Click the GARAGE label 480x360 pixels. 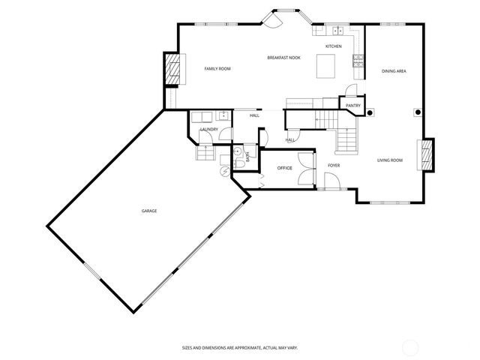[x=148, y=211]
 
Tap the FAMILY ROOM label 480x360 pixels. [x=217, y=69]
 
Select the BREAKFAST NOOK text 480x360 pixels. [x=283, y=58]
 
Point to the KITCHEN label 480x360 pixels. [x=333, y=46]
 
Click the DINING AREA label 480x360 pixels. [x=394, y=70]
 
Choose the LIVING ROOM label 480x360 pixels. [x=389, y=160]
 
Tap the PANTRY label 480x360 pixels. [x=353, y=106]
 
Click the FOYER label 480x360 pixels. [x=334, y=165]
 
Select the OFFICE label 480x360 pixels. [x=284, y=168]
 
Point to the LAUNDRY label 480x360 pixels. [x=208, y=130]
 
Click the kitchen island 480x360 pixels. [x=325, y=67]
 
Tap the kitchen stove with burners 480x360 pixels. [x=358, y=58]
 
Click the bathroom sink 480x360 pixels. [x=238, y=151]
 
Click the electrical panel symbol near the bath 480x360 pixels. [x=224, y=170]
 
